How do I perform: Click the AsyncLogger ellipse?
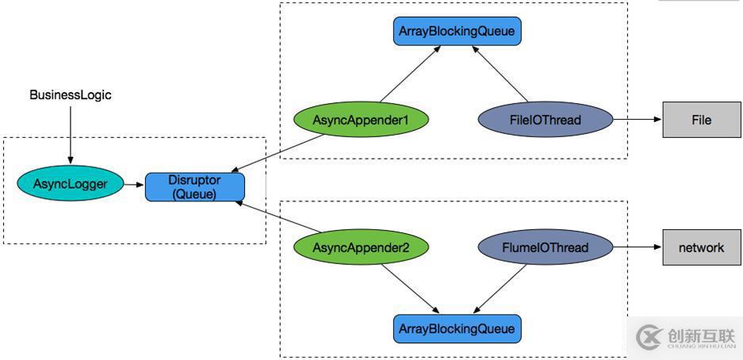click(x=71, y=185)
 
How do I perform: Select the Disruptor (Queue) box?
click(x=194, y=186)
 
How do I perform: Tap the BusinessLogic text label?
click(x=71, y=95)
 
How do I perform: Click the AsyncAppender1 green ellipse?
click(x=361, y=121)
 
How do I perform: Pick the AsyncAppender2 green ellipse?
click(x=361, y=247)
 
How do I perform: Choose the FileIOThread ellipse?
click(x=546, y=121)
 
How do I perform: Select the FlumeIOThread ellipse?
click(x=546, y=247)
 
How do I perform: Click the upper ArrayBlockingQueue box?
click(x=458, y=32)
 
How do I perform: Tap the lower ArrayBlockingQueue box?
click(x=458, y=328)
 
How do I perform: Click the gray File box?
click(x=701, y=121)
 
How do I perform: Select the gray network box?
click(x=701, y=247)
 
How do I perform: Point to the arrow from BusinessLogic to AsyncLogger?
click(x=71, y=135)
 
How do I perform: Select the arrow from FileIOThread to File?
click(x=638, y=121)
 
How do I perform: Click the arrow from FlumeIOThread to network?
click(x=638, y=247)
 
